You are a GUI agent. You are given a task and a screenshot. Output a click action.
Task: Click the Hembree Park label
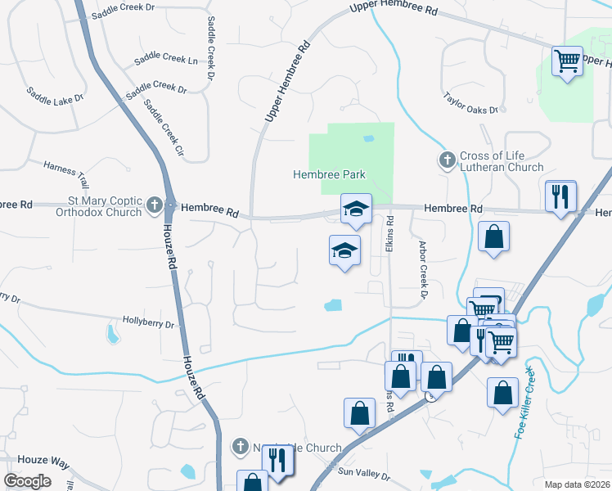coord(329,174)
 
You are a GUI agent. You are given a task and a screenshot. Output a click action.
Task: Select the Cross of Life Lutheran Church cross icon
coord(447,160)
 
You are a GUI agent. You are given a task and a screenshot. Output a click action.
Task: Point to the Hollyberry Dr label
coord(148,324)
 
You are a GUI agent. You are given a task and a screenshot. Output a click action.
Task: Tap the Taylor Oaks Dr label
coord(471,102)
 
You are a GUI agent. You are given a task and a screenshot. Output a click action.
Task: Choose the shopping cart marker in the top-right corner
coord(565,60)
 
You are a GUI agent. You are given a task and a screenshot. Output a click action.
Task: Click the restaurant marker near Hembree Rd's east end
coord(560,196)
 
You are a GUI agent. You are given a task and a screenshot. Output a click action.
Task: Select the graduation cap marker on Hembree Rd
coord(356,209)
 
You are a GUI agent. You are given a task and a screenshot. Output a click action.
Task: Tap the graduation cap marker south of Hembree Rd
coord(344,250)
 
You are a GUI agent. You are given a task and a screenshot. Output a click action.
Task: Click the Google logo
coord(27,481)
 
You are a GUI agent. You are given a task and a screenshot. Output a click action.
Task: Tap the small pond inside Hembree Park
coord(368,138)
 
